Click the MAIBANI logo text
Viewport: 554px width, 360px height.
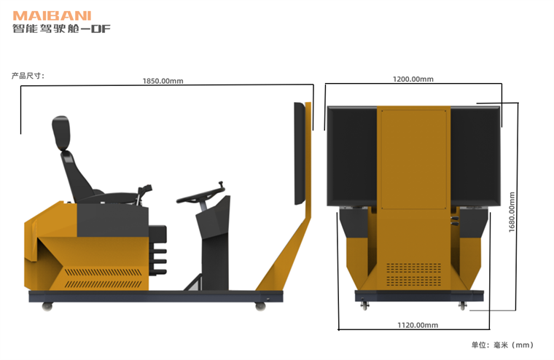52,16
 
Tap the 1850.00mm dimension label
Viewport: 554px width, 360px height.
163,81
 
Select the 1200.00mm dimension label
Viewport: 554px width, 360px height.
413,79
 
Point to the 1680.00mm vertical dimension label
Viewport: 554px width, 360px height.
512,212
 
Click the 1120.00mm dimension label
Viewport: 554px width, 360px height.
418,325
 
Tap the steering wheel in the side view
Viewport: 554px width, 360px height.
200,195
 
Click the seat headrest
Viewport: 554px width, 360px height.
61,133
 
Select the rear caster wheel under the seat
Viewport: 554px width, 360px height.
47,306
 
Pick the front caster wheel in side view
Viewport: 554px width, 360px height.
260,306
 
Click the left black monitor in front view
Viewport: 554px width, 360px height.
352,156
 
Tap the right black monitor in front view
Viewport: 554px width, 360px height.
475,156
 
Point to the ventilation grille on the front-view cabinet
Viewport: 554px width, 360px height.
414,274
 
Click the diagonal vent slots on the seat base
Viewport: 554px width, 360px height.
104,278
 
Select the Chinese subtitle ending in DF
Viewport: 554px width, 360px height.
61,28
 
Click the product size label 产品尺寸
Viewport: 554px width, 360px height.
28,76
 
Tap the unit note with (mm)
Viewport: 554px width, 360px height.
502,345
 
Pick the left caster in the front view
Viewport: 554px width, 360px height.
364,305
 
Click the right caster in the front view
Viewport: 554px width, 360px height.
462,305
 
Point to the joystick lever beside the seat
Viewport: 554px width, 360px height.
144,193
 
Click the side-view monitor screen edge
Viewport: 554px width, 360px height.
300,154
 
